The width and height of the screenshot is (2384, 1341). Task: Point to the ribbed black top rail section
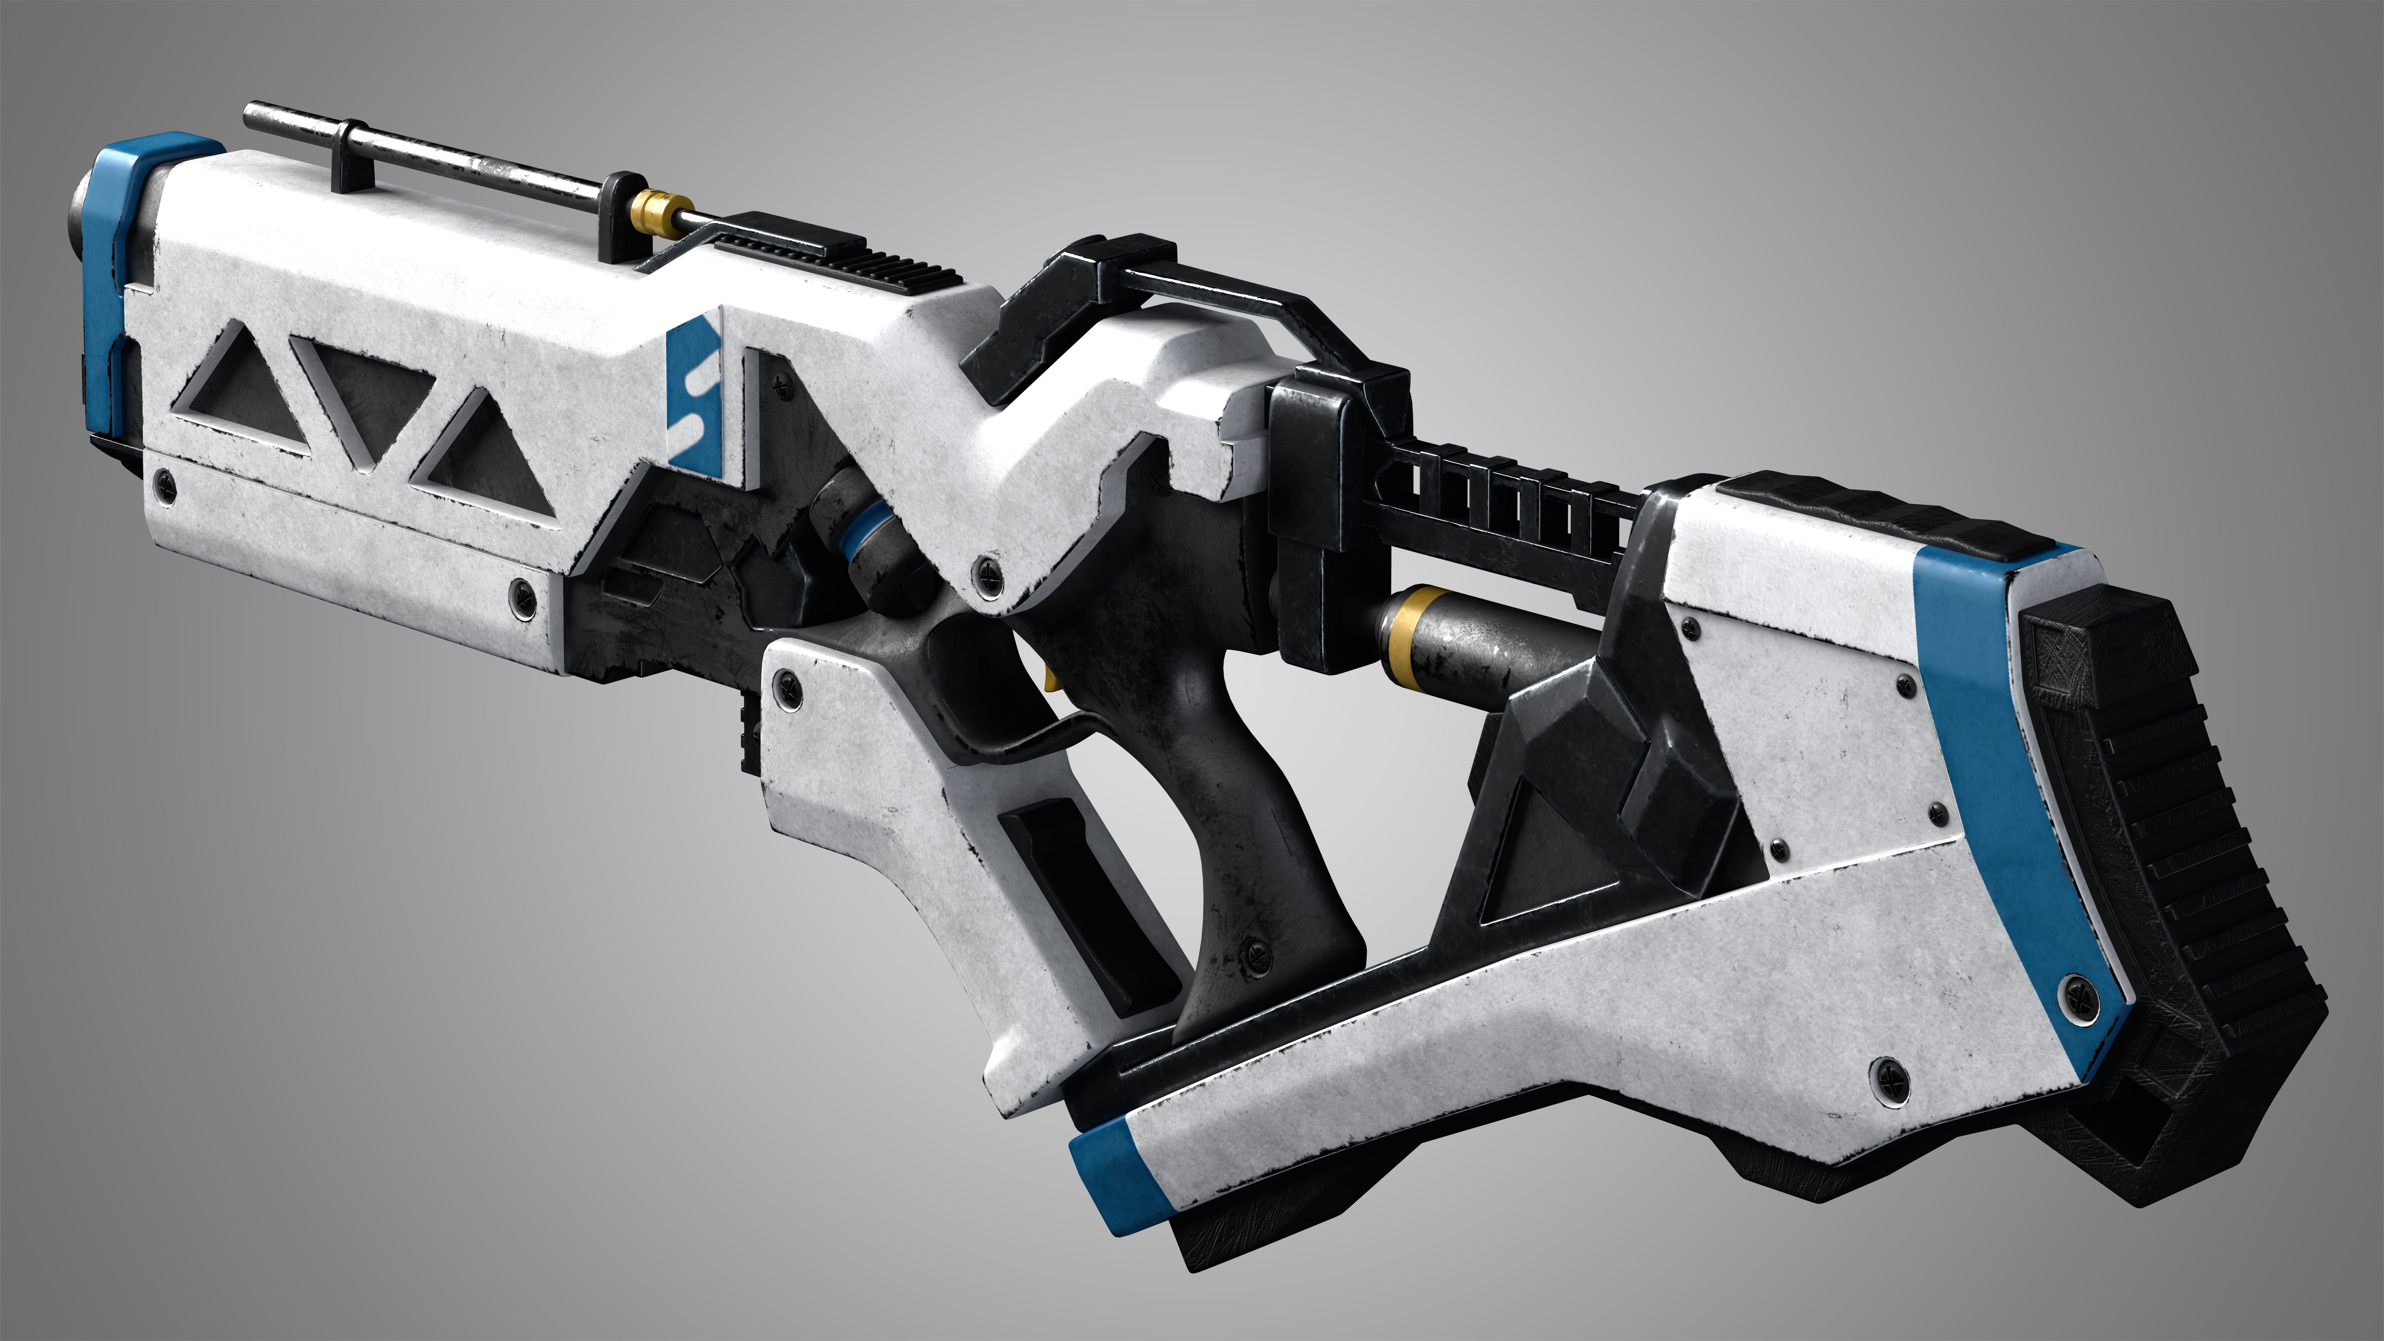(838, 250)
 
